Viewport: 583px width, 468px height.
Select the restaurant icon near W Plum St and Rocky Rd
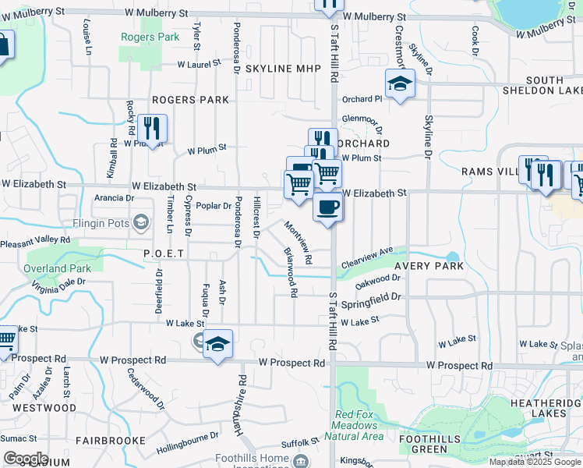153,129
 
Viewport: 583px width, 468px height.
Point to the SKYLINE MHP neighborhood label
283,69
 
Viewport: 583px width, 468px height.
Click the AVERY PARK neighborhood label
429,266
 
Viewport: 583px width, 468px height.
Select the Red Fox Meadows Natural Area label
359,425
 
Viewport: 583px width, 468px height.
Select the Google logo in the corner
25,459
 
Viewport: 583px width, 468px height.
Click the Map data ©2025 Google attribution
534,463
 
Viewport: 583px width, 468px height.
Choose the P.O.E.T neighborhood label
163,253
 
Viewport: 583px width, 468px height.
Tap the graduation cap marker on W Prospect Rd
218,344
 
